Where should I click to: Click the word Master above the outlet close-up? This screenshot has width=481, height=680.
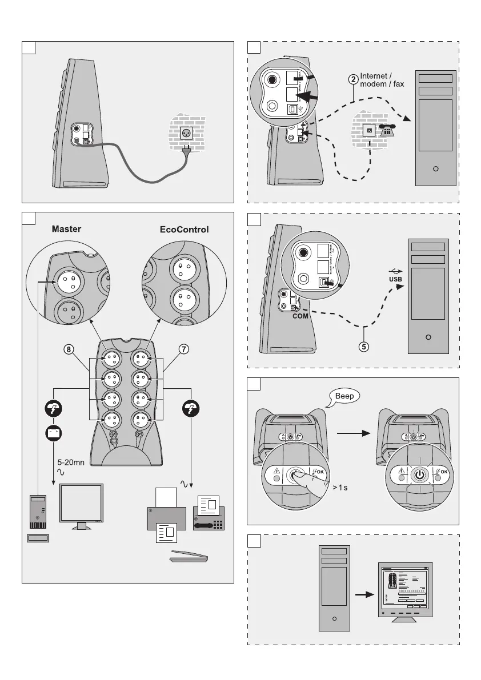pos(67,229)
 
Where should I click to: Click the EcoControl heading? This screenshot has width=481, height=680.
pos(185,230)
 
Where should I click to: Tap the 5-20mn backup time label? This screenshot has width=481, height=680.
pos(71,462)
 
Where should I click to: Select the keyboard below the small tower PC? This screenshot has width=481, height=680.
pos(38,538)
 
